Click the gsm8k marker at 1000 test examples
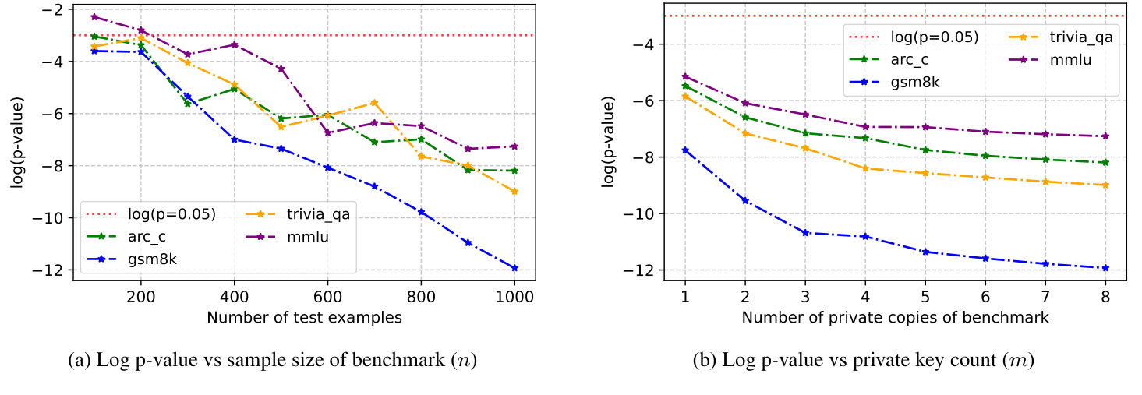click(x=514, y=268)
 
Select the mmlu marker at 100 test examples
click(x=94, y=16)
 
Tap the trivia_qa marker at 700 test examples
click(x=374, y=103)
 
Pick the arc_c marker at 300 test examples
click(x=187, y=103)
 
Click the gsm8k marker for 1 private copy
click(x=685, y=150)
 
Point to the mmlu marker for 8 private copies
click(x=1105, y=136)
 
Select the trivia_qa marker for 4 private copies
click(x=865, y=168)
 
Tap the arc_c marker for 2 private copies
click(x=745, y=117)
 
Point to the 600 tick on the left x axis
click(x=327, y=297)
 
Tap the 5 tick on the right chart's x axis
click(x=925, y=297)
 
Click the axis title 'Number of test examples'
click(x=304, y=317)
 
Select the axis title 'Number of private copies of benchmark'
click(x=895, y=317)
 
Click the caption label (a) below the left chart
click(x=79, y=361)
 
